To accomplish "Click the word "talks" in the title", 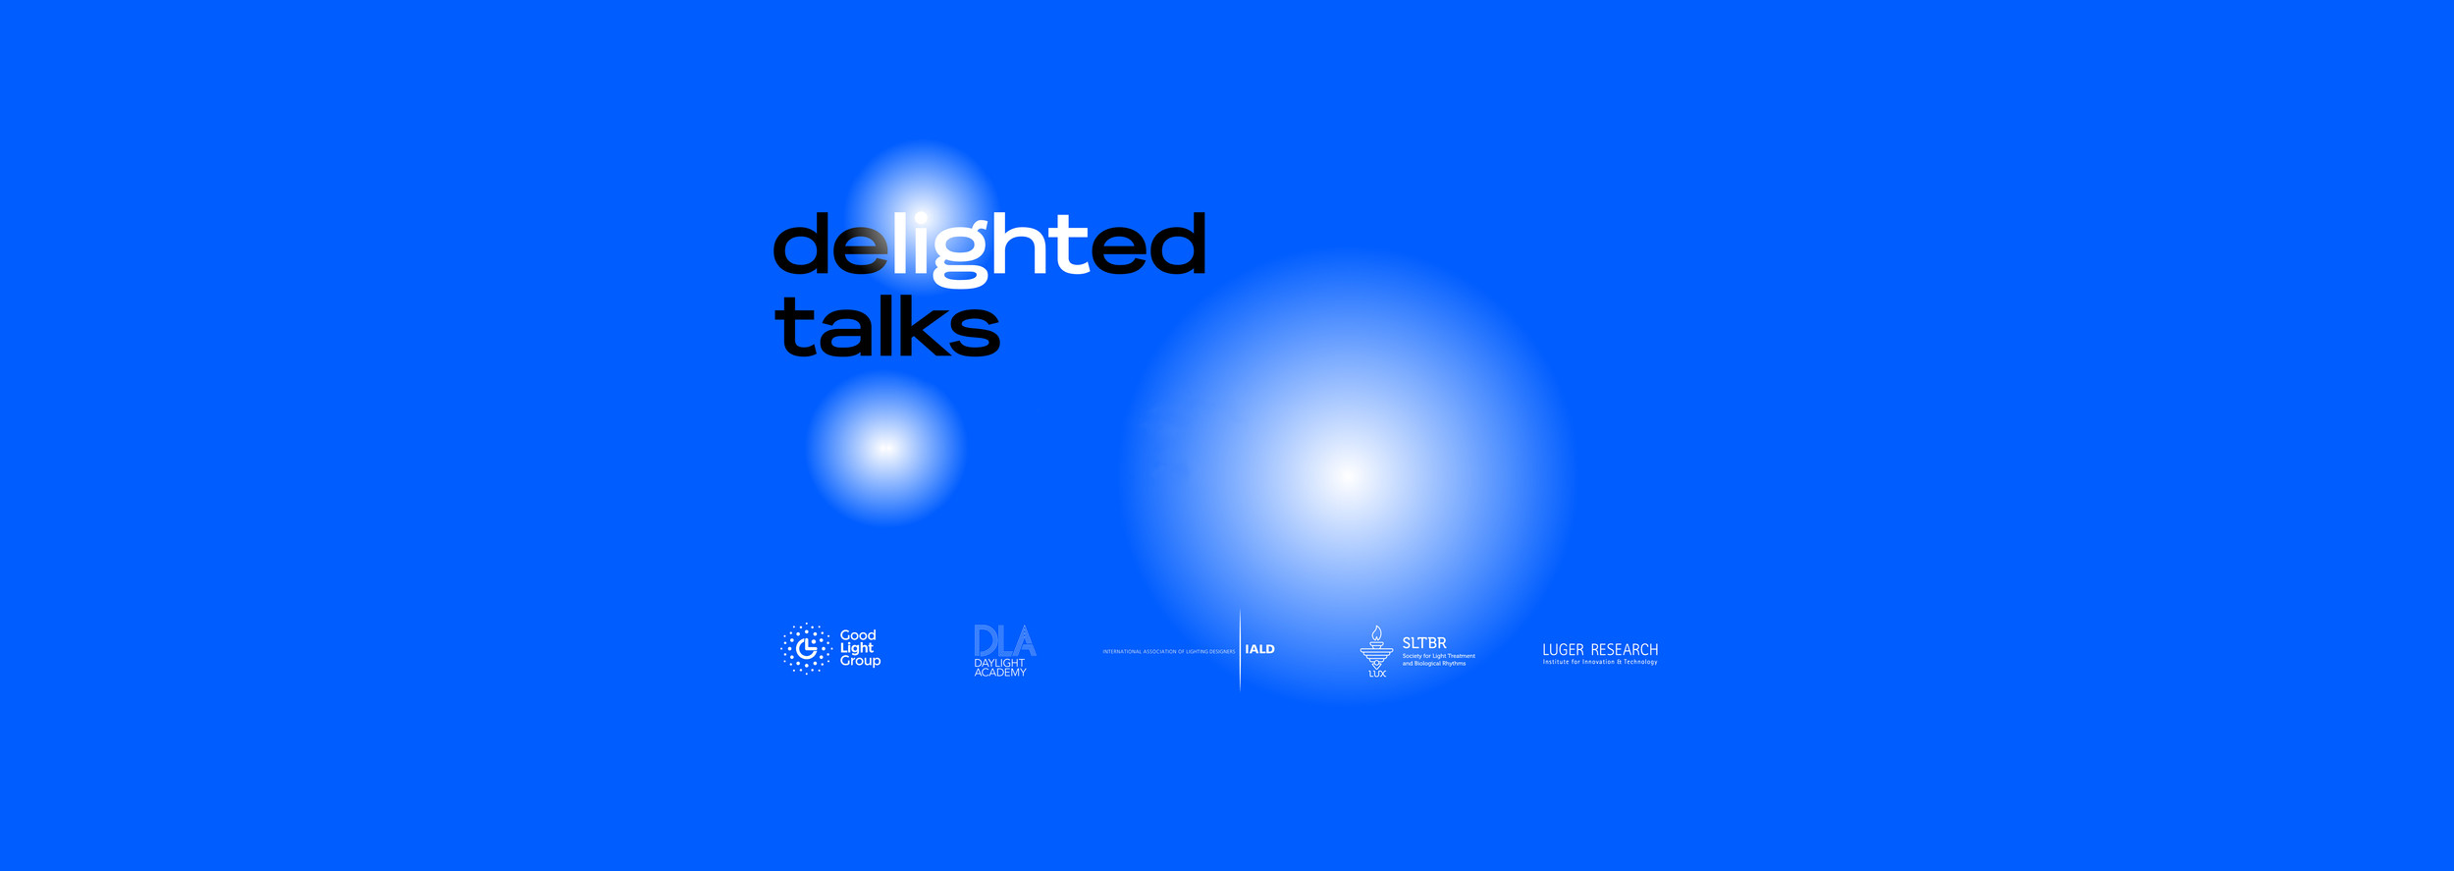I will (x=886, y=326).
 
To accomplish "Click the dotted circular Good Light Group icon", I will (x=806, y=648).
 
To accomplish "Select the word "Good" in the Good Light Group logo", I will (x=858, y=635).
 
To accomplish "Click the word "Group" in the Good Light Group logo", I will (x=860, y=661).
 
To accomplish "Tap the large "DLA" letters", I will (x=1004, y=641).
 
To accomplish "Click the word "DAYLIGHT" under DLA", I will (x=999, y=663).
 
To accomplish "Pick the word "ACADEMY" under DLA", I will (x=1000, y=673).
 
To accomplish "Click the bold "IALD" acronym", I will (x=1259, y=649).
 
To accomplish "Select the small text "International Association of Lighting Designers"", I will (x=1168, y=651).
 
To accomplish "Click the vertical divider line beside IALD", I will (x=1240, y=649).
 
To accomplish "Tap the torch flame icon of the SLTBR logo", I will (x=1376, y=634).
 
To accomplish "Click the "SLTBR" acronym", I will (x=1423, y=643).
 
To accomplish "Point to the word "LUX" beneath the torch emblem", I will (x=1377, y=674).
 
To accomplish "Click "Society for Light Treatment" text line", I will (x=1438, y=656).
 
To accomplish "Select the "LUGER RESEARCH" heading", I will (x=1600, y=649).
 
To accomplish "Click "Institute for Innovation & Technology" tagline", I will (x=1600, y=662).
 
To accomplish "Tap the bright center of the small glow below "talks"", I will (x=885, y=448).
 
